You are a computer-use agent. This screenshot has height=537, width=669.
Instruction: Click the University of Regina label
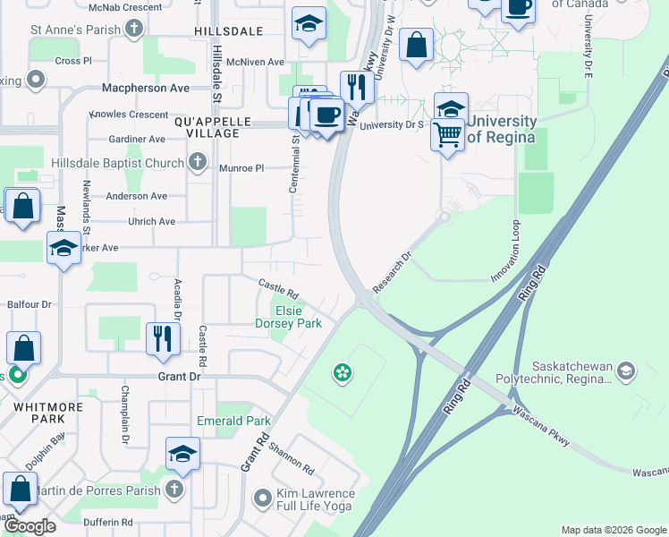501,129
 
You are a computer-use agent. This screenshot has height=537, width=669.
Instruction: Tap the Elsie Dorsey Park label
289,316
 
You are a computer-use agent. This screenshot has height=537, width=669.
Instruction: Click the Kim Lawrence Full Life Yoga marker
262,496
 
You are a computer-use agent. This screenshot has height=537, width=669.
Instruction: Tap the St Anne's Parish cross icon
134,30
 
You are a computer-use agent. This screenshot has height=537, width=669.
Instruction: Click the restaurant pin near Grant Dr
162,338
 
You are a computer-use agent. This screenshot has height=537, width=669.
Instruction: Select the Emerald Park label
233,421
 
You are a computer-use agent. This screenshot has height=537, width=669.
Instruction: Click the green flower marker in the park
341,371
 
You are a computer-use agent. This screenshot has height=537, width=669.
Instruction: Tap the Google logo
30,527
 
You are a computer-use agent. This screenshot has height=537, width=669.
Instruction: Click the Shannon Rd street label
291,457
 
